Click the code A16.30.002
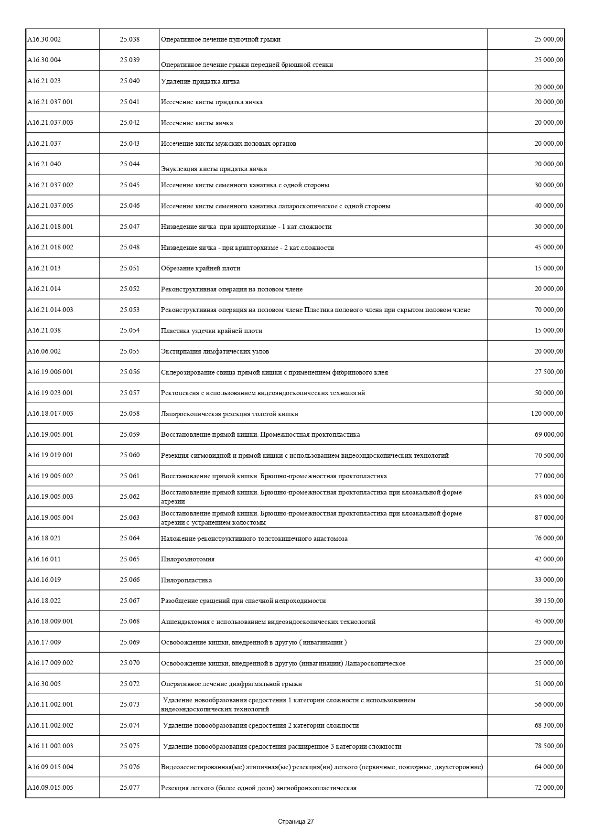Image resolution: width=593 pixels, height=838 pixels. coord(44,39)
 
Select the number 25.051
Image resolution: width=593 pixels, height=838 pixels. coord(129,268)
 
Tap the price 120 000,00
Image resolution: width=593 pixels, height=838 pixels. coord(547,413)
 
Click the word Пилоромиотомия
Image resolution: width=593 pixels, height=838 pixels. coord(188,559)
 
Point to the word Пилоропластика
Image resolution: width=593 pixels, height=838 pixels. coord(186,580)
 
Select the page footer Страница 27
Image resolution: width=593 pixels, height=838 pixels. coord(296,821)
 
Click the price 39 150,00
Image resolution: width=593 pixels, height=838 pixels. coord(549,601)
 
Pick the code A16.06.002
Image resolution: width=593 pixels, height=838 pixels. coord(44,351)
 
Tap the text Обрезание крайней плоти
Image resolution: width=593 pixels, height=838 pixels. coord(201,268)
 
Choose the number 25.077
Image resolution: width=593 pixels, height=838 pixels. coord(129,787)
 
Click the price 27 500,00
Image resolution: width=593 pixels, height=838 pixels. coord(549,372)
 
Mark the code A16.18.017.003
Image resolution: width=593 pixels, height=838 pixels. coord(50,413)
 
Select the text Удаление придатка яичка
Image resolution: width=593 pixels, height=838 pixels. coord(200,81)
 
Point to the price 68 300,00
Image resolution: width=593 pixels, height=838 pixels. coord(549,725)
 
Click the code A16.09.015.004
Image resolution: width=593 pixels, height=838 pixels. coord(50,767)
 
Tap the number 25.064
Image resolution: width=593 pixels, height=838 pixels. coord(129,538)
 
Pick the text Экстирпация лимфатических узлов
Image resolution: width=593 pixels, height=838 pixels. coord(215,351)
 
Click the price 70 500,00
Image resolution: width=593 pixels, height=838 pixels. coord(549,455)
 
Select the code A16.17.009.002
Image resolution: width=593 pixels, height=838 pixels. coord(50,663)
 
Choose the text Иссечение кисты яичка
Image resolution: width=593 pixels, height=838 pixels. coord(197,123)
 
